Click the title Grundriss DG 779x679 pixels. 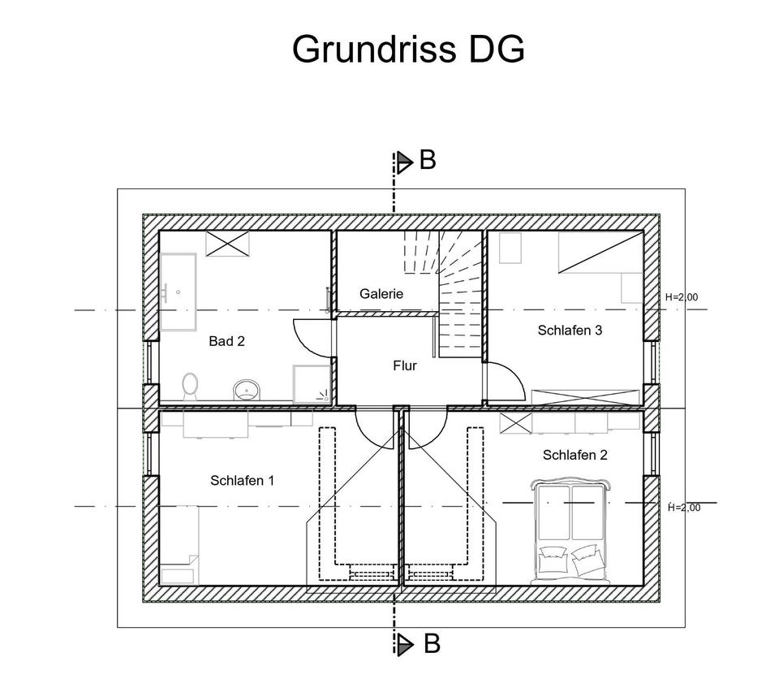click(x=408, y=49)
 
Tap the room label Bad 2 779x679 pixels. click(x=226, y=341)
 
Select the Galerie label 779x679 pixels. click(x=381, y=294)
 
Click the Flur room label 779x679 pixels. click(x=404, y=365)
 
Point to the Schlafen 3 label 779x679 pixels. click(x=570, y=330)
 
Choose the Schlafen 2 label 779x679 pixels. click(x=575, y=455)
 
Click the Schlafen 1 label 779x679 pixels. click(x=242, y=480)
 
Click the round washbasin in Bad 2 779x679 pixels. click(x=246, y=390)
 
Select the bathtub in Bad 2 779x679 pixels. click(x=178, y=291)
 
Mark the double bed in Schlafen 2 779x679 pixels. click(x=569, y=532)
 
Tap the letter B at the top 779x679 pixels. click(x=428, y=161)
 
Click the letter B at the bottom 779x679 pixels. click(x=431, y=645)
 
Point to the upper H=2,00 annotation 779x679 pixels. click(x=681, y=297)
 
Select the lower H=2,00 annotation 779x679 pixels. click(x=683, y=508)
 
